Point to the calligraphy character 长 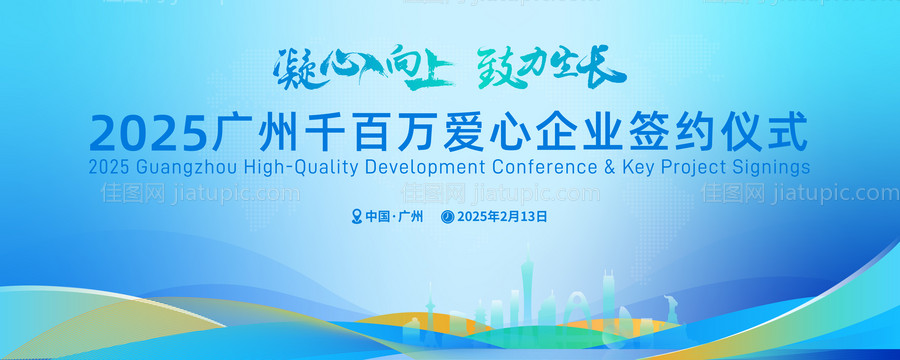pos(604,66)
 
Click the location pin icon pos(357,216)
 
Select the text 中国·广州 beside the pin pos(395,216)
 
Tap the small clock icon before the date pos(448,216)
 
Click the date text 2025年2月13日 pos(503,216)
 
